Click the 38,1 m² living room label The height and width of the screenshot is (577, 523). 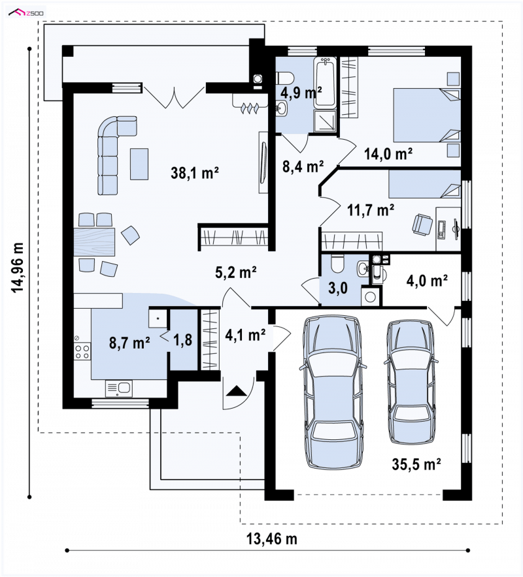tap(195, 172)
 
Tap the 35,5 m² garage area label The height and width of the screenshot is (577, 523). tap(416, 464)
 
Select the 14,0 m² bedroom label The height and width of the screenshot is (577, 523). tap(388, 153)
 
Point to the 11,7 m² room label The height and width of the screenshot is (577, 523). tap(371, 210)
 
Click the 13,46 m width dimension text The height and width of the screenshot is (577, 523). tap(272, 539)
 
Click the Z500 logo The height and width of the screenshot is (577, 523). tap(27, 13)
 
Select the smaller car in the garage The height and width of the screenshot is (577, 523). tap(411, 382)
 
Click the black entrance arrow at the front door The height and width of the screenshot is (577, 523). tap(236, 390)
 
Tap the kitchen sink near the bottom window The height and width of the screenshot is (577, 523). tap(119, 388)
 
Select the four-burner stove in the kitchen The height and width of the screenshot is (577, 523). tap(82, 351)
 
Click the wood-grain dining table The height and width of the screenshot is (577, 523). tap(94, 242)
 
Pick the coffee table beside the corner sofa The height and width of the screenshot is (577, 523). tap(139, 164)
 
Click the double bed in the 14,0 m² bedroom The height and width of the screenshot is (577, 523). tap(427, 115)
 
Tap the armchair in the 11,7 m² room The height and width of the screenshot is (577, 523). tap(422, 225)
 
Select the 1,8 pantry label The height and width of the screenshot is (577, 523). tap(183, 339)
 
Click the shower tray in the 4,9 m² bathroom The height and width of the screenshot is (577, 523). tap(325, 121)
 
